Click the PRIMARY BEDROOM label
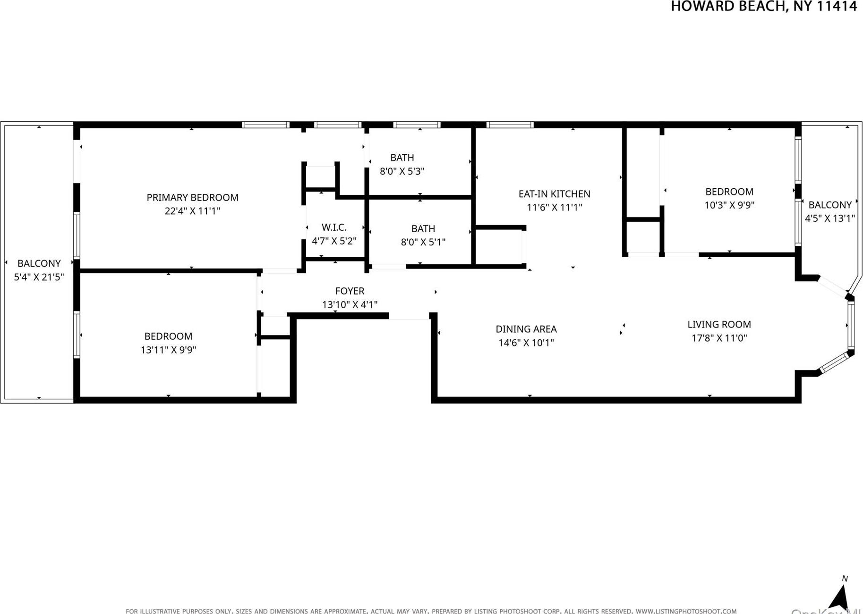pos(192,197)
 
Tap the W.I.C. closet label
pos(334,227)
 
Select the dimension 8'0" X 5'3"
pos(402,171)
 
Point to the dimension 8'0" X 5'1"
pos(423,242)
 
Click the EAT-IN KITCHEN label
pos(554,194)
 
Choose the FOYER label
pos(350,291)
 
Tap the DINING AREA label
pos(526,329)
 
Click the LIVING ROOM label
pos(718,324)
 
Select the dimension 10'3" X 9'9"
pos(729,205)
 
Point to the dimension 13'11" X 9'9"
pos(168,350)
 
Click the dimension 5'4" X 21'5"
pos(39,277)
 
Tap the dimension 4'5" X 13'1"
pos(829,219)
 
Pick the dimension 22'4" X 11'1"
pos(192,211)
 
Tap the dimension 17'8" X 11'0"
pos(718,338)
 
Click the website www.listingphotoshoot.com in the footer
pos(686,611)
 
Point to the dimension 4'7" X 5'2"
pos(334,241)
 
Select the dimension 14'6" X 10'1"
pos(526,343)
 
